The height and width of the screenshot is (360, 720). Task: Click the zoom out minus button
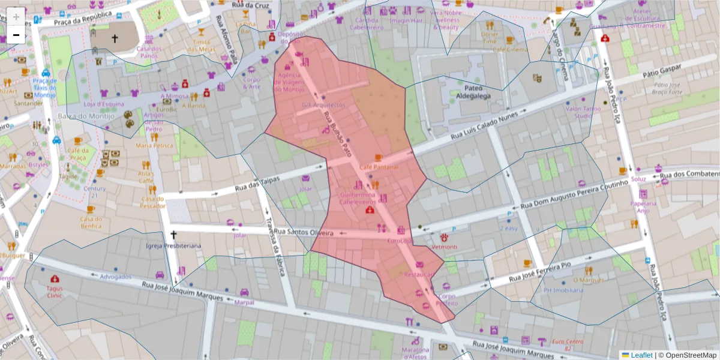[16, 35]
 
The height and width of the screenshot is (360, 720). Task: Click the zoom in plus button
[16, 17]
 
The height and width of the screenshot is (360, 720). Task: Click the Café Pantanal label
[379, 167]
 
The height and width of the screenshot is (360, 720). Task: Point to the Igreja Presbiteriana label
[173, 246]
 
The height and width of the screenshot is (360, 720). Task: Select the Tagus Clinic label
[55, 292]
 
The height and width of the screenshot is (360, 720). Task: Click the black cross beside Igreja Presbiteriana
[174, 235]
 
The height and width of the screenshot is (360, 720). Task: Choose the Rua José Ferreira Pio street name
[545, 271]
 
